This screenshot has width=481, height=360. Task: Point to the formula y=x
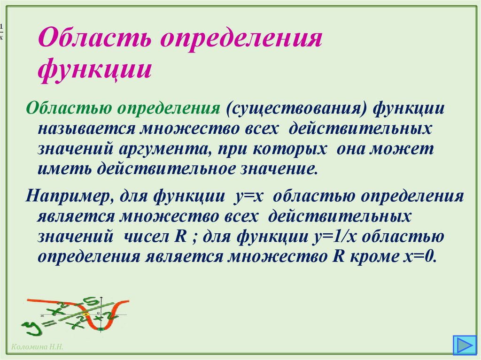[248, 196]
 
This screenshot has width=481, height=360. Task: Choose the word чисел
[148, 236]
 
